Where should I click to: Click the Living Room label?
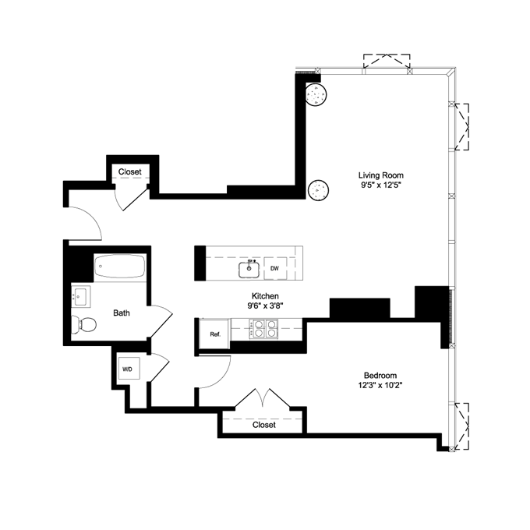click(x=381, y=175)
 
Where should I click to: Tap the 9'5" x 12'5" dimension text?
click(x=381, y=187)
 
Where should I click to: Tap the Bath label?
click(x=122, y=313)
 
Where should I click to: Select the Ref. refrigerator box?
click(x=214, y=334)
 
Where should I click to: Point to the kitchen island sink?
click(x=250, y=269)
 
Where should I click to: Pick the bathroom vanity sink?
click(x=81, y=296)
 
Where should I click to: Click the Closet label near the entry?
click(x=129, y=171)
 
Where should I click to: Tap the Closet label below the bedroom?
click(x=264, y=425)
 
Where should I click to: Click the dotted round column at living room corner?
click(x=316, y=94)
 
